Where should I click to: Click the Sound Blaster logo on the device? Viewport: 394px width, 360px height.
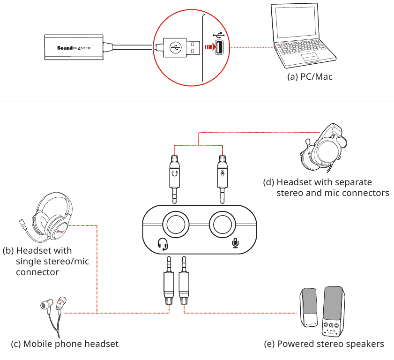pos(74,47)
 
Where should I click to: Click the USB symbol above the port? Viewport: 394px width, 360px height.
pos(218,35)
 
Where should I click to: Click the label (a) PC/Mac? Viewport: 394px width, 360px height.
pos(310,76)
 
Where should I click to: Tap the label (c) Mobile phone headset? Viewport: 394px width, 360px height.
pos(65,344)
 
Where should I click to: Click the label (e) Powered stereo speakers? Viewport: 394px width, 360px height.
pos(324,344)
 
